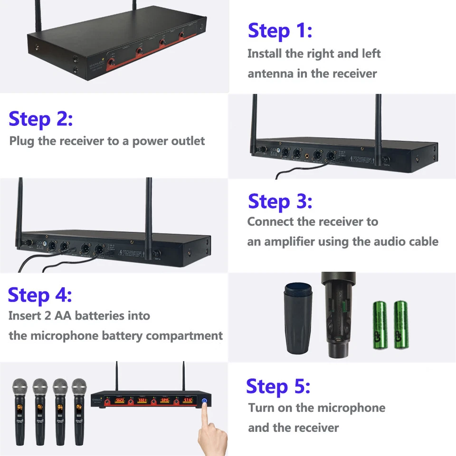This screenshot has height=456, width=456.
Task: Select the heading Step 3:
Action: pos(280,201)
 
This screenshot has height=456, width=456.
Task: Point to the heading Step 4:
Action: pos(40,295)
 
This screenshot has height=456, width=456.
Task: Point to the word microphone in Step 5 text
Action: pos(351,408)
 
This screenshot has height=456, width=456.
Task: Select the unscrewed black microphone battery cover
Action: pos(298,317)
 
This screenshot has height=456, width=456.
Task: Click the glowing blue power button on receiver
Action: pos(204,401)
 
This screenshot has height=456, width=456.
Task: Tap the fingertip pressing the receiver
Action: pos(204,412)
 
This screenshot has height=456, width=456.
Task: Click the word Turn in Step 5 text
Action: pos(261,408)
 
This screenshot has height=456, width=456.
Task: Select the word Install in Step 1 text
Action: pos(265,54)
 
